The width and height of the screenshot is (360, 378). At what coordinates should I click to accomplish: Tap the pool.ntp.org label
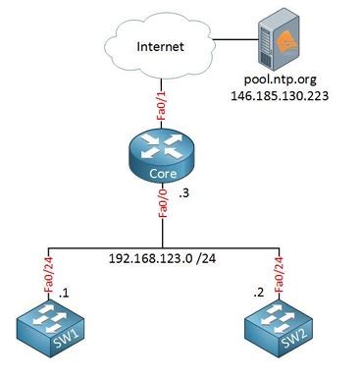pos(281,80)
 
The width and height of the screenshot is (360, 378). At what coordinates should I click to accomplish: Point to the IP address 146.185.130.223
pos(280,95)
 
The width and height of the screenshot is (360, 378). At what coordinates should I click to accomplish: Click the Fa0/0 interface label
pos(163,203)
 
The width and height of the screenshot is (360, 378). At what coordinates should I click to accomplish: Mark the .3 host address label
pos(183,193)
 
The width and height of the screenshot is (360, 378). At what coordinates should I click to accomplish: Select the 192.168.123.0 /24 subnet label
pos(162,258)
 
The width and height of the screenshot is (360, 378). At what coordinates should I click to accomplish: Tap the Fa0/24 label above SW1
pos(49,274)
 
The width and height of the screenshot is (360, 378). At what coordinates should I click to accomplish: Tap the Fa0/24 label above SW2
pos(279,274)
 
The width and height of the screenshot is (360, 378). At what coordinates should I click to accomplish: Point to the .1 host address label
pos(64,294)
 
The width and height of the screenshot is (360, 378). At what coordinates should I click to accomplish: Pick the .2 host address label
pos(259,293)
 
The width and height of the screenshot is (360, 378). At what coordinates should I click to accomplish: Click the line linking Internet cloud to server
pos(236,39)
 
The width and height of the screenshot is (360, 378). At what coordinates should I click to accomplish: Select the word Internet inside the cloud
pos(160,46)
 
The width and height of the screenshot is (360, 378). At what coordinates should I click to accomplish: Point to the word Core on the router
pos(163,174)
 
